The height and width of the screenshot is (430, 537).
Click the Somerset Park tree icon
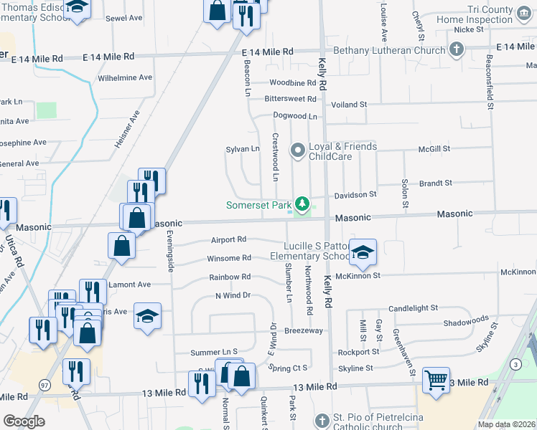(x=303, y=205)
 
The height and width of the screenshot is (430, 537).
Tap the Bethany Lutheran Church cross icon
(x=454, y=49)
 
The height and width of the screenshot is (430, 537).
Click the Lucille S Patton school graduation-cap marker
(x=363, y=252)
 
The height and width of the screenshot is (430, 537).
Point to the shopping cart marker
(x=436, y=380)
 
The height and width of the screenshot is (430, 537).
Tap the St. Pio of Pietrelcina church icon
(x=320, y=419)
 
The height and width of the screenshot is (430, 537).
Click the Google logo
(x=24, y=421)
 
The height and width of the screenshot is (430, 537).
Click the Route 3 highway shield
(x=515, y=365)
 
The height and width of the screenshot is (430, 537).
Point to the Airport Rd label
(x=228, y=239)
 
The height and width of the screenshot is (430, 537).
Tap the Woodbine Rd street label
(x=294, y=82)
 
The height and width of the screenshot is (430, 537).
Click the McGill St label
(x=435, y=148)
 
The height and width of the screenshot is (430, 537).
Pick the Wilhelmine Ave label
(x=125, y=77)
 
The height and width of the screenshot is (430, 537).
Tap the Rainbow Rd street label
(x=230, y=277)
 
